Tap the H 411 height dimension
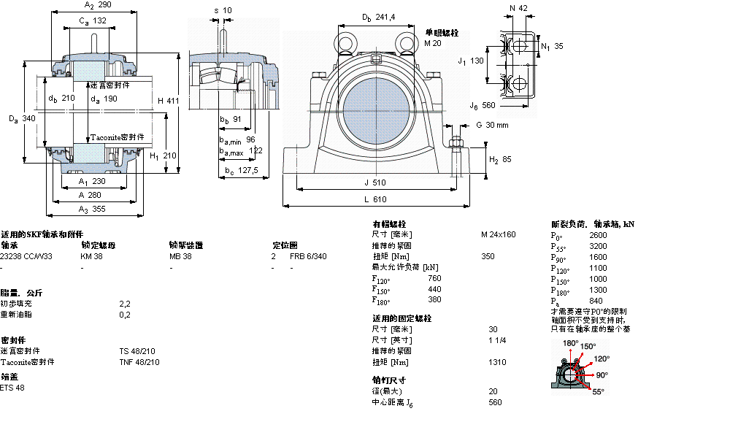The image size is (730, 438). (x=168, y=101)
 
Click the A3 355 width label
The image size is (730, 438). (x=92, y=210)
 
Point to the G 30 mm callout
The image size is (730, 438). (x=492, y=125)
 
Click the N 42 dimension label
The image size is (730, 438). (x=519, y=7)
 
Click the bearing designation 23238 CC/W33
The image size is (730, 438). (x=26, y=256)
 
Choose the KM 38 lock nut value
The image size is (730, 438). (x=92, y=256)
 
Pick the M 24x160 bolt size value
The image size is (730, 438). (x=498, y=234)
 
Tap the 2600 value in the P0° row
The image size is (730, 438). (x=598, y=235)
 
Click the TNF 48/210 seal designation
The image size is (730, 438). (x=139, y=362)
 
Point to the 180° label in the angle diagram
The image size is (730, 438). (x=570, y=343)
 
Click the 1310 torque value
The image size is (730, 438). (x=497, y=362)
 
